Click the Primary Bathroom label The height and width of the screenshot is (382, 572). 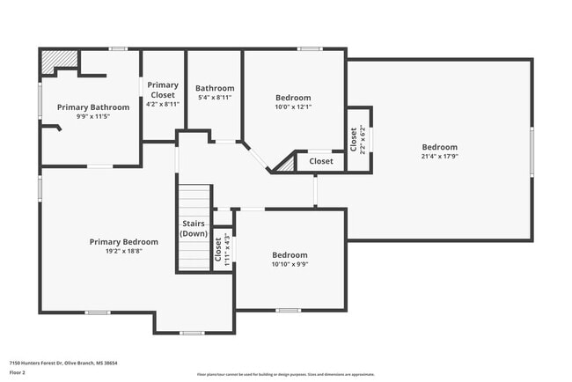[x=93, y=107]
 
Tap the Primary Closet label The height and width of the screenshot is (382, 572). [x=163, y=90]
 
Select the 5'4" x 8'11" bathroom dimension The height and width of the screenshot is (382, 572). [x=215, y=100]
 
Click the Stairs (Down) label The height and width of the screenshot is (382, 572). [x=194, y=229]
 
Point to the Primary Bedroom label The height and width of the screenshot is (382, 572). [x=124, y=242]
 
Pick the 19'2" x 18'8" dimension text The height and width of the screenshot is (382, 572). [x=124, y=251]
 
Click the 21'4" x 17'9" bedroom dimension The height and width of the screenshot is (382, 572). [x=439, y=157]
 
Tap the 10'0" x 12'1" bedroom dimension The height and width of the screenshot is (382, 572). [x=293, y=107]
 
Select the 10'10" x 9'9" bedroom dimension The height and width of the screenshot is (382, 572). [x=290, y=264]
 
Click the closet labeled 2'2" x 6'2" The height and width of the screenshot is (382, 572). [x=358, y=139]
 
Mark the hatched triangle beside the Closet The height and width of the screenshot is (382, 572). [x=286, y=165]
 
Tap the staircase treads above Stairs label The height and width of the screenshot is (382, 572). [x=195, y=199]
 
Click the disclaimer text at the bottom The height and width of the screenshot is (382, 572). [x=285, y=375]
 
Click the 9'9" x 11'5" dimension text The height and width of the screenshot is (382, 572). [x=93, y=116]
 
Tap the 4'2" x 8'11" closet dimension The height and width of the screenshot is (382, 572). [x=163, y=104]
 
